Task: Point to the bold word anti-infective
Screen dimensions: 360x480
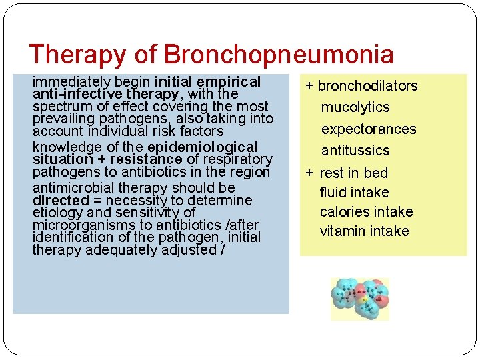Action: click(x=70, y=95)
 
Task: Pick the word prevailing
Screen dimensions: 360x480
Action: click(x=63, y=119)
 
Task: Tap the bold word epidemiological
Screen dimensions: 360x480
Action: click(x=202, y=147)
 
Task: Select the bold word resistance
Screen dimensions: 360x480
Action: click(x=145, y=159)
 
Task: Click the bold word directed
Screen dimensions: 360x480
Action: click(x=61, y=201)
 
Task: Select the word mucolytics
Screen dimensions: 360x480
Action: click(x=355, y=107)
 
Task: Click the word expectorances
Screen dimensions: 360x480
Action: click(x=369, y=129)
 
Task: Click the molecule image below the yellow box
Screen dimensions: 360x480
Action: click(x=360, y=299)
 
